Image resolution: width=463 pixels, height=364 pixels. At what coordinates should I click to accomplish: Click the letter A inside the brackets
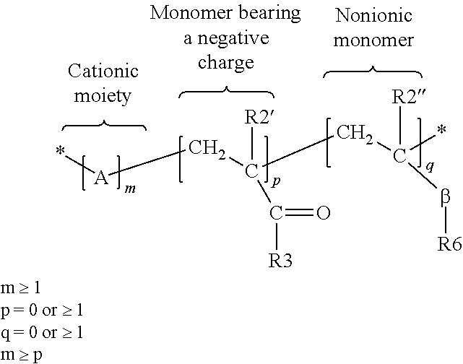(x=101, y=178)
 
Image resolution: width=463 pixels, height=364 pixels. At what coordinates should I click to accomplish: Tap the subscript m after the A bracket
(x=130, y=188)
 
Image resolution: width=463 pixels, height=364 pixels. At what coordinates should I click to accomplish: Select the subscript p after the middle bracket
(x=275, y=182)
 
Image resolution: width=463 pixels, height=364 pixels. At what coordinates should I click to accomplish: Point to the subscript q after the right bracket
(x=430, y=167)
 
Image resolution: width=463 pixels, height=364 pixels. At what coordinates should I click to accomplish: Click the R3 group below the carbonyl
(x=280, y=261)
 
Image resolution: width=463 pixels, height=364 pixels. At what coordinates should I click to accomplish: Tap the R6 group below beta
(x=449, y=244)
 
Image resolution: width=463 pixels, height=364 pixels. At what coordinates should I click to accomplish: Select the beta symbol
(x=445, y=196)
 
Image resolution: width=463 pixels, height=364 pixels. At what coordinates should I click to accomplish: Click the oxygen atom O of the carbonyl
(x=324, y=213)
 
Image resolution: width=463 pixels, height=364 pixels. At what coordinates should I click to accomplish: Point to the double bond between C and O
(x=299, y=213)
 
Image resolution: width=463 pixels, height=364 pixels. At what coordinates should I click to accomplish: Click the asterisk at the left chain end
(x=60, y=151)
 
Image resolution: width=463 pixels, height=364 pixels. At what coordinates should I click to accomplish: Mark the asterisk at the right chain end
(x=441, y=130)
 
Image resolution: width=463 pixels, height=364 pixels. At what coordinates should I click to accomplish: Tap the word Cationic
(x=103, y=71)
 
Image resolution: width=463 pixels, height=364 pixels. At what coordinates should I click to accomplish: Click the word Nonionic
(x=373, y=15)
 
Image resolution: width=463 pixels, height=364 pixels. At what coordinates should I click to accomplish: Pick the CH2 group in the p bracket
(x=207, y=149)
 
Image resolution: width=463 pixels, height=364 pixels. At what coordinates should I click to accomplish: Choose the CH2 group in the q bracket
(x=355, y=134)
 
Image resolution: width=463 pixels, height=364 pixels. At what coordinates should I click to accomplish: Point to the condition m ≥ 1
(x=20, y=288)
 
